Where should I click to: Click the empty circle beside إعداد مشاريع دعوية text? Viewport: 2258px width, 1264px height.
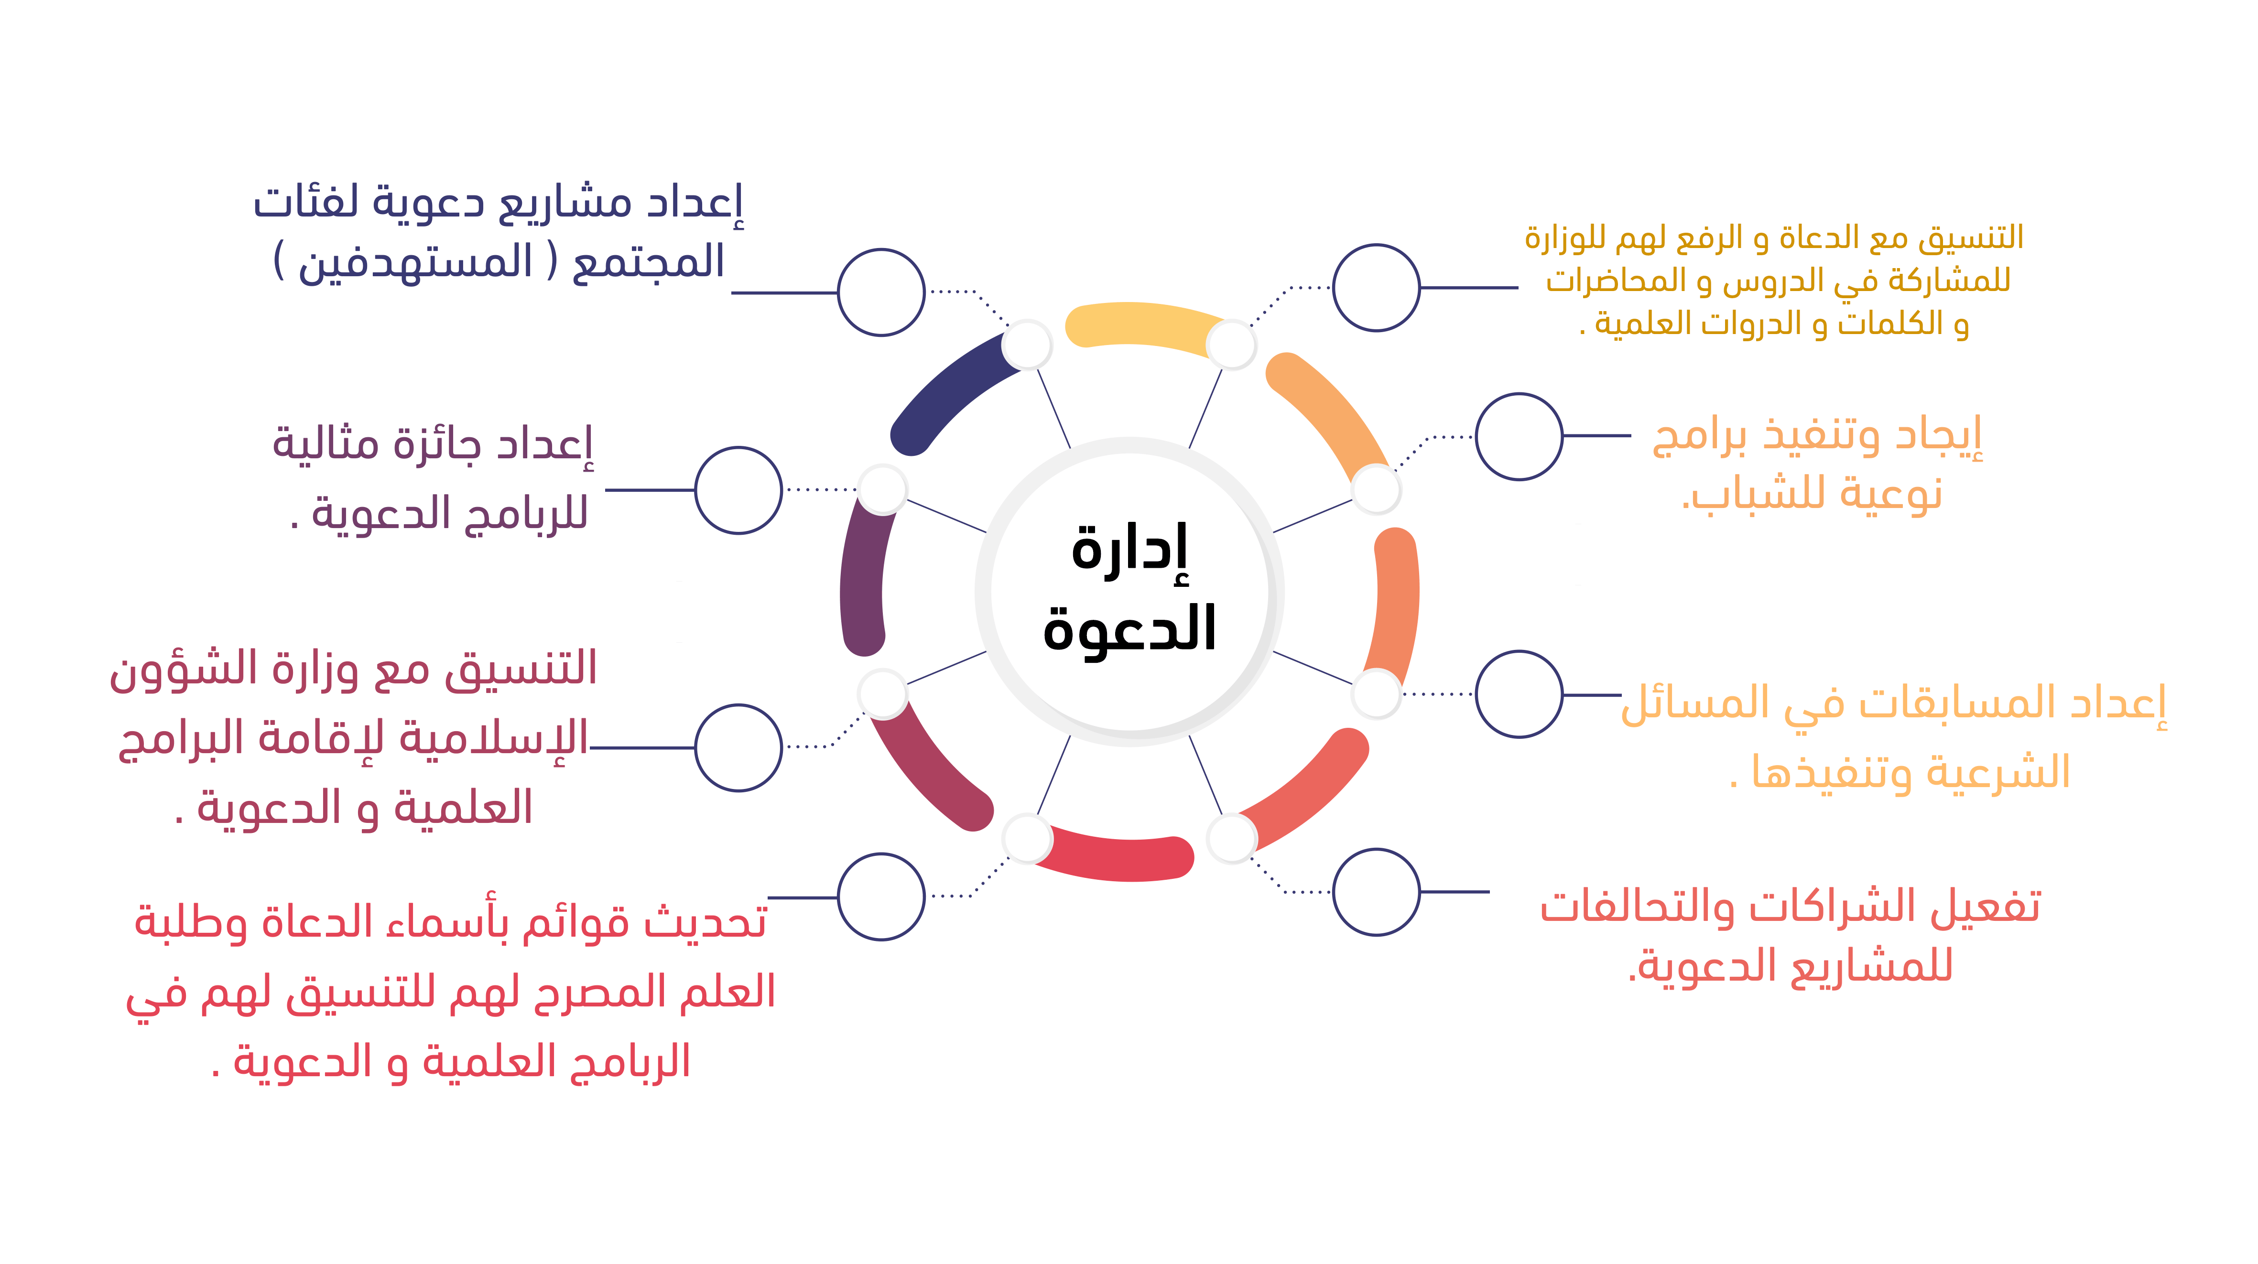(x=881, y=292)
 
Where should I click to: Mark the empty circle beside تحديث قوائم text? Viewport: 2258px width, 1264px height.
(x=881, y=897)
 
